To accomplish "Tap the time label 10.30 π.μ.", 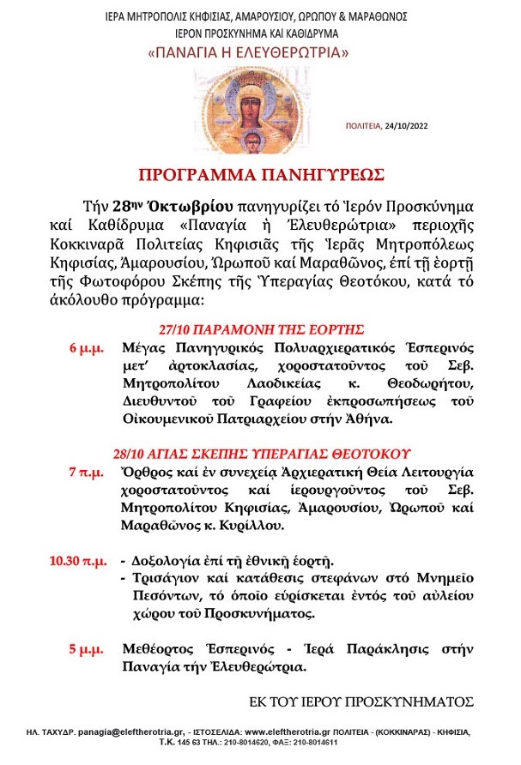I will [x=78, y=562].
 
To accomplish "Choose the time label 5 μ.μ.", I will [x=87, y=649].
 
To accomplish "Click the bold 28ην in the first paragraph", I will [x=128, y=207].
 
